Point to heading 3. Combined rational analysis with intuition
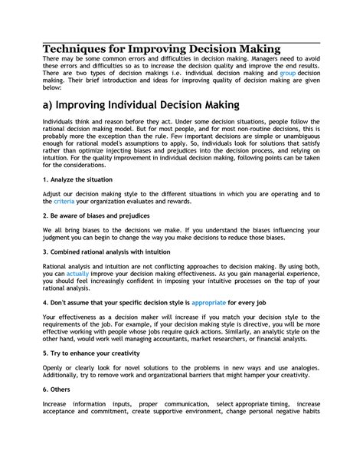[x=106, y=251]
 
